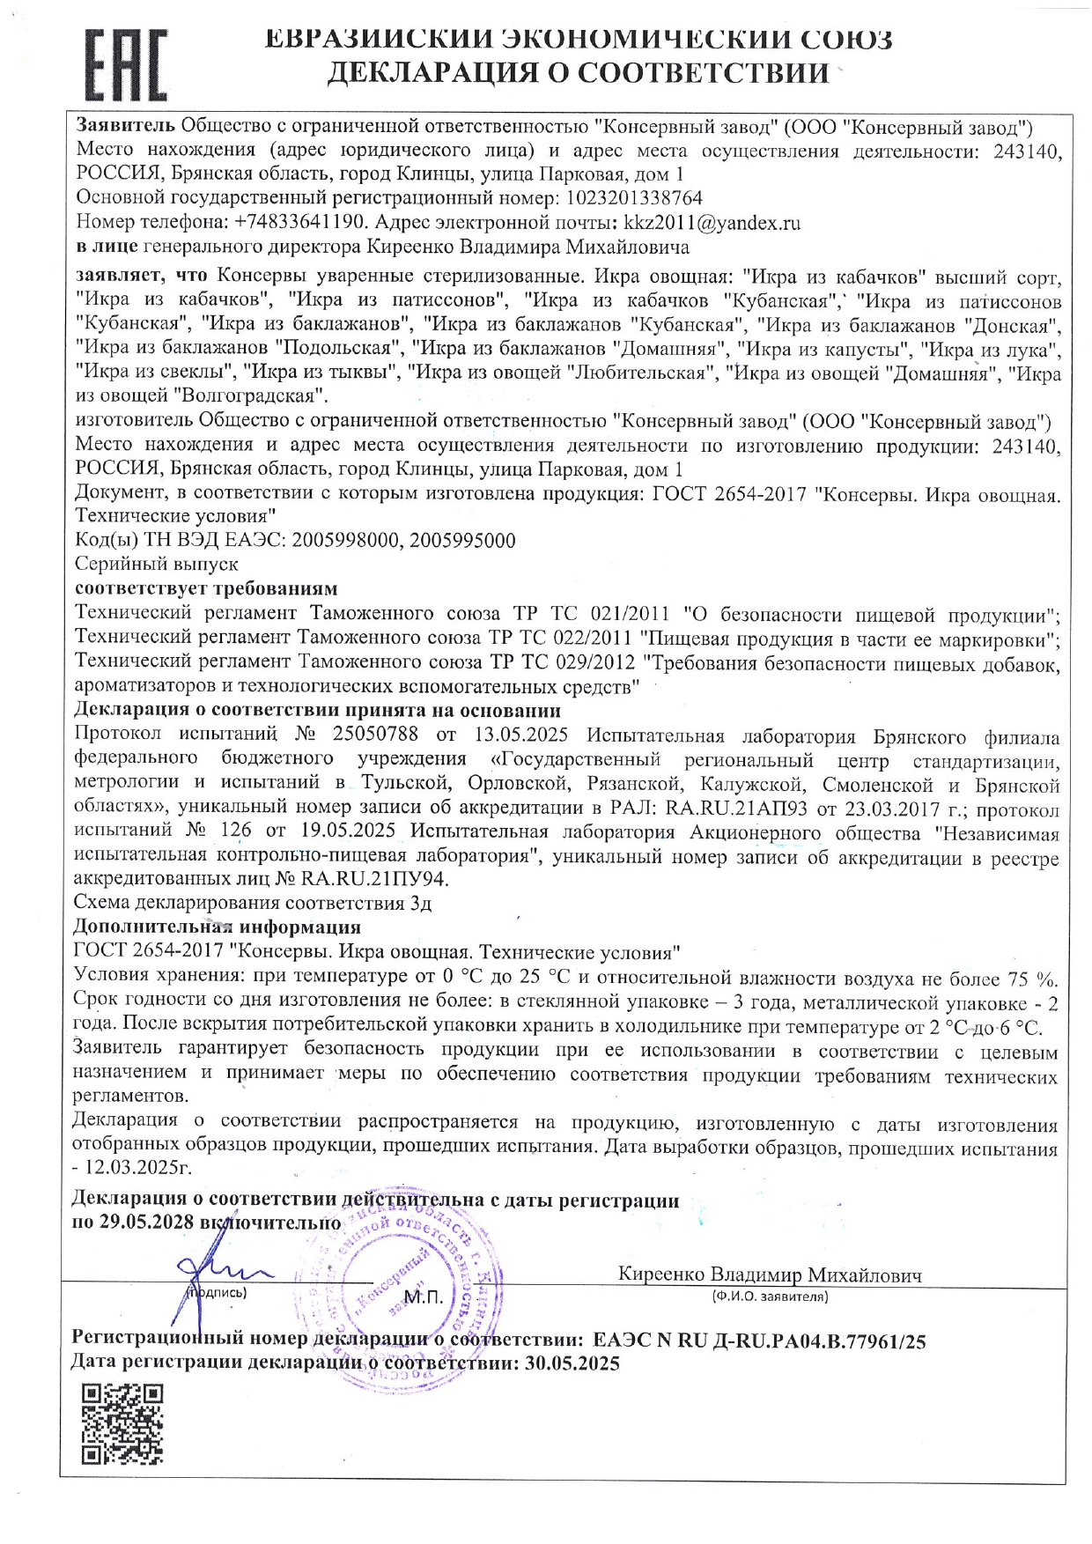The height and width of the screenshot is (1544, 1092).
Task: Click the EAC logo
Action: click(125, 65)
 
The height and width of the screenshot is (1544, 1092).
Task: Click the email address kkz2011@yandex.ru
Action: click(712, 223)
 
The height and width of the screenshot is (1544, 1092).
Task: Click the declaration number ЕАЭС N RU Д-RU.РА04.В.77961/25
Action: click(759, 1341)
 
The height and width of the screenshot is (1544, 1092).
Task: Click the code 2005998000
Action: click(345, 541)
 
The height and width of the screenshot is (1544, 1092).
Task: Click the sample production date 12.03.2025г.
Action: click(137, 1168)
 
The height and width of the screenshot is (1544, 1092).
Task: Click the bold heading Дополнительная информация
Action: click(217, 927)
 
